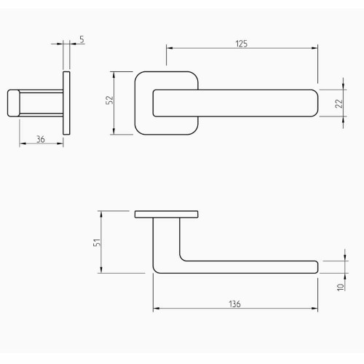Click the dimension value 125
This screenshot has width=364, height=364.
tap(242, 44)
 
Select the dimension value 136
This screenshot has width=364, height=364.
tap(234, 304)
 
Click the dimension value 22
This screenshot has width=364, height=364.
tap(339, 103)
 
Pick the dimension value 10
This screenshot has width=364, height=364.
tap(339, 287)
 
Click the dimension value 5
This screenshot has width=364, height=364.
tap(82, 41)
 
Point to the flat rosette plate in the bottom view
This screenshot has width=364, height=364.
tap(166, 214)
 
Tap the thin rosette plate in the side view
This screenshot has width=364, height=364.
tap(68, 103)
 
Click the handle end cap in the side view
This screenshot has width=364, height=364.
tap(12, 103)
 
